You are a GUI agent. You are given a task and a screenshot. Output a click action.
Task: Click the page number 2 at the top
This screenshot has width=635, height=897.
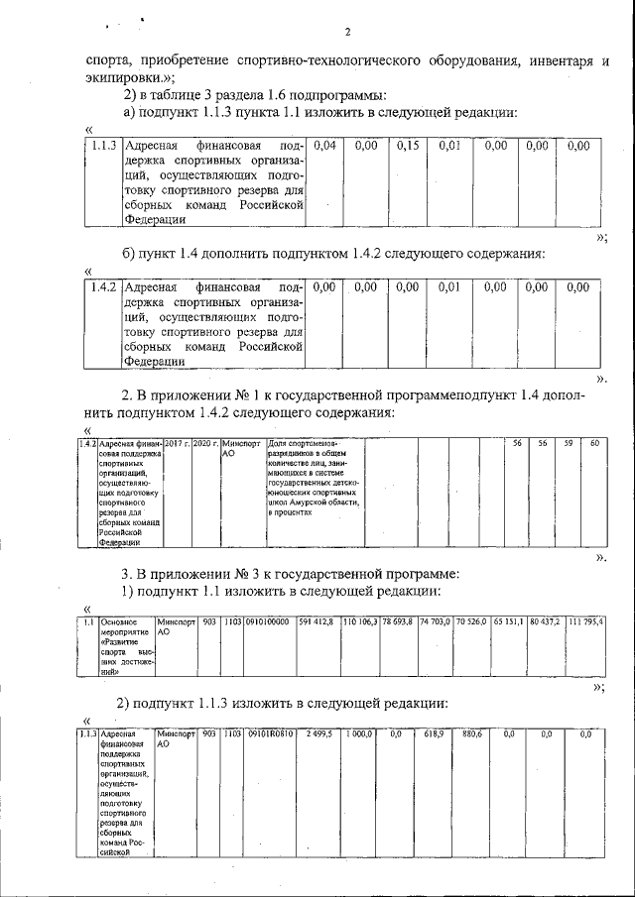coord(348,32)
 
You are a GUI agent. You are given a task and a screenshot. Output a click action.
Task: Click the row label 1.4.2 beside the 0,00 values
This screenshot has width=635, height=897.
coord(99,286)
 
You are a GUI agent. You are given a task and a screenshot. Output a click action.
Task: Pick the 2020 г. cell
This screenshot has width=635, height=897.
coord(204,443)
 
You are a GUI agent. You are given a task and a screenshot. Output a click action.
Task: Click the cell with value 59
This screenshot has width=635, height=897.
coord(568,443)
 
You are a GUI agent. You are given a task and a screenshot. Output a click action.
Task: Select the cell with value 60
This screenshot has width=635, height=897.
coord(593,443)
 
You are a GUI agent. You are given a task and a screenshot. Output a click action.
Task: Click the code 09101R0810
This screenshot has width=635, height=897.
coord(268,733)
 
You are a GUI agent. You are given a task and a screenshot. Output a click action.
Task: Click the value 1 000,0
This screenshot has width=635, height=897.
coord(359,733)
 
